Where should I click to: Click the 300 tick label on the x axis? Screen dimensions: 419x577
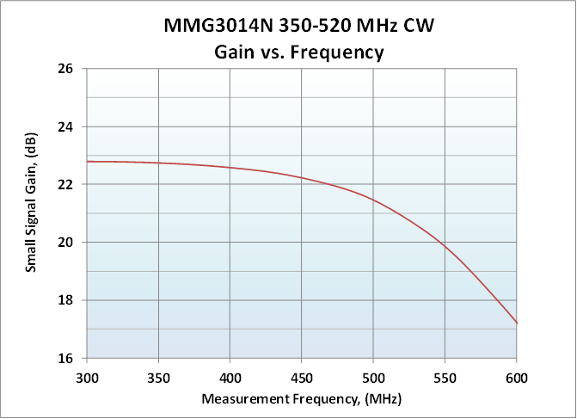pyautogui.click(x=86, y=378)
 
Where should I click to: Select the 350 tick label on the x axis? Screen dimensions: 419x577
pyautogui.click(x=158, y=378)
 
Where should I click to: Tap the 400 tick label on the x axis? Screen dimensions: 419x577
pyautogui.click(x=230, y=378)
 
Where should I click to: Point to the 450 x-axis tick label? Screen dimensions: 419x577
pyautogui.click(x=301, y=378)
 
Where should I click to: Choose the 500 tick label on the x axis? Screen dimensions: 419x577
pyautogui.click(x=373, y=378)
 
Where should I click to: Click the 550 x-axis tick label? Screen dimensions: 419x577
pyautogui.click(x=445, y=378)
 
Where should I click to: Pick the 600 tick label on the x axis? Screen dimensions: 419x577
pyautogui.click(x=516, y=378)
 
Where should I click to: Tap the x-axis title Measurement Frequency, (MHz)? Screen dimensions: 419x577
pyautogui.click(x=301, y=400)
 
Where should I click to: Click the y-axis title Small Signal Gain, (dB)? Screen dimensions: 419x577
pyautogui.click(x=31, y=213)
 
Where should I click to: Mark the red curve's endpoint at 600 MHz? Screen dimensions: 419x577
pyautogui.click(x=516, y=323)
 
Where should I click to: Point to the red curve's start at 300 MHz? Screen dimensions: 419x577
pyautogui.click(x=87, y=162)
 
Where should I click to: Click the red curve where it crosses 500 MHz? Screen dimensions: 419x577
pyautogui.click(x=373, y=200)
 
